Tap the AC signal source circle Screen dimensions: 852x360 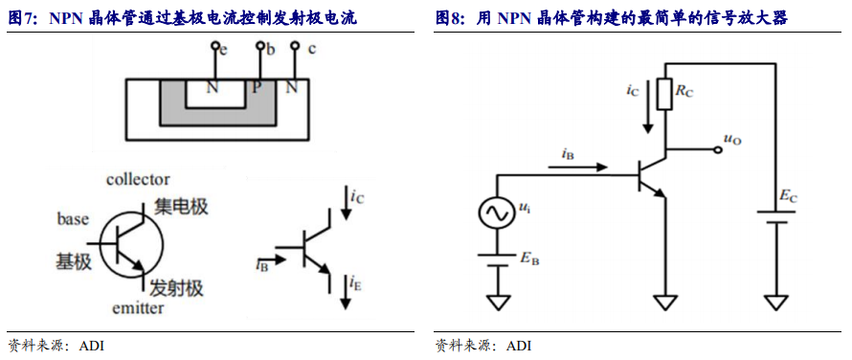497,213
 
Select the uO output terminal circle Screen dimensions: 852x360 718,149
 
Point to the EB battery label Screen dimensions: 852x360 529,259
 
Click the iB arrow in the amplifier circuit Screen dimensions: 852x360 577,168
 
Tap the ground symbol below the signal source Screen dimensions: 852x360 497,303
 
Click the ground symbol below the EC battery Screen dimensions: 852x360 775,303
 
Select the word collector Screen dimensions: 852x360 138,179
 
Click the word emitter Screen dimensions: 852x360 137,309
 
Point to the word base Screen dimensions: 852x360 72,219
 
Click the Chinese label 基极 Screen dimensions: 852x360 74,261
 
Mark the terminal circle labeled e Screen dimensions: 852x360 215,46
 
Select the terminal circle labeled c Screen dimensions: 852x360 295,47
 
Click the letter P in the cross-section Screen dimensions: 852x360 255,87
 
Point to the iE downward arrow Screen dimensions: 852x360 346,291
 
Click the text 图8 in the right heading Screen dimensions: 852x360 448,19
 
